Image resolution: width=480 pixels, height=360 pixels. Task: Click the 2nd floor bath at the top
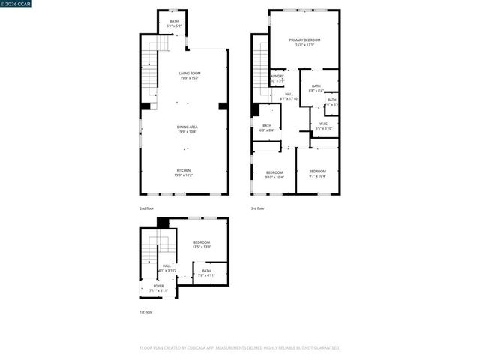tap(174, 22)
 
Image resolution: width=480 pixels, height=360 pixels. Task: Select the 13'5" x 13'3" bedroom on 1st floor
tap(202, 242)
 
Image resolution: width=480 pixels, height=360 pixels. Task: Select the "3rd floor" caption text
tap(258, 208)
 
